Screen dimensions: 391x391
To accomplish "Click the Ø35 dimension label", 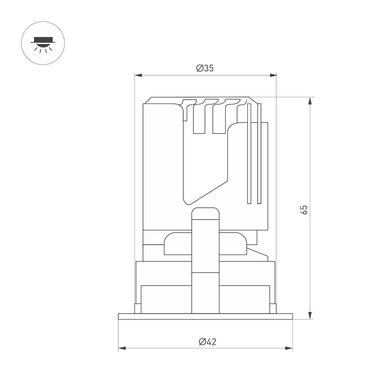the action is coord(205,68).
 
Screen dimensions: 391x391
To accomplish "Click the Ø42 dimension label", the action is coord(208,342).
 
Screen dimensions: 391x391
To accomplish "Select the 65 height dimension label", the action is coord(304,210).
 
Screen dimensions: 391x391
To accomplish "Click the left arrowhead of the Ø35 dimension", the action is coord(138,75).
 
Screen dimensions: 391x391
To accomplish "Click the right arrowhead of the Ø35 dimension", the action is coord(273,75).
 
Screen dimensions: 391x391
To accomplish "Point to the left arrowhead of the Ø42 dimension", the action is coord(122,348).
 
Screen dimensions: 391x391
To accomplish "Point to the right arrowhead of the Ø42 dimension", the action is coord(289,348).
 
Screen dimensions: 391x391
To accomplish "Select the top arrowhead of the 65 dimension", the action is coord(310,101).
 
